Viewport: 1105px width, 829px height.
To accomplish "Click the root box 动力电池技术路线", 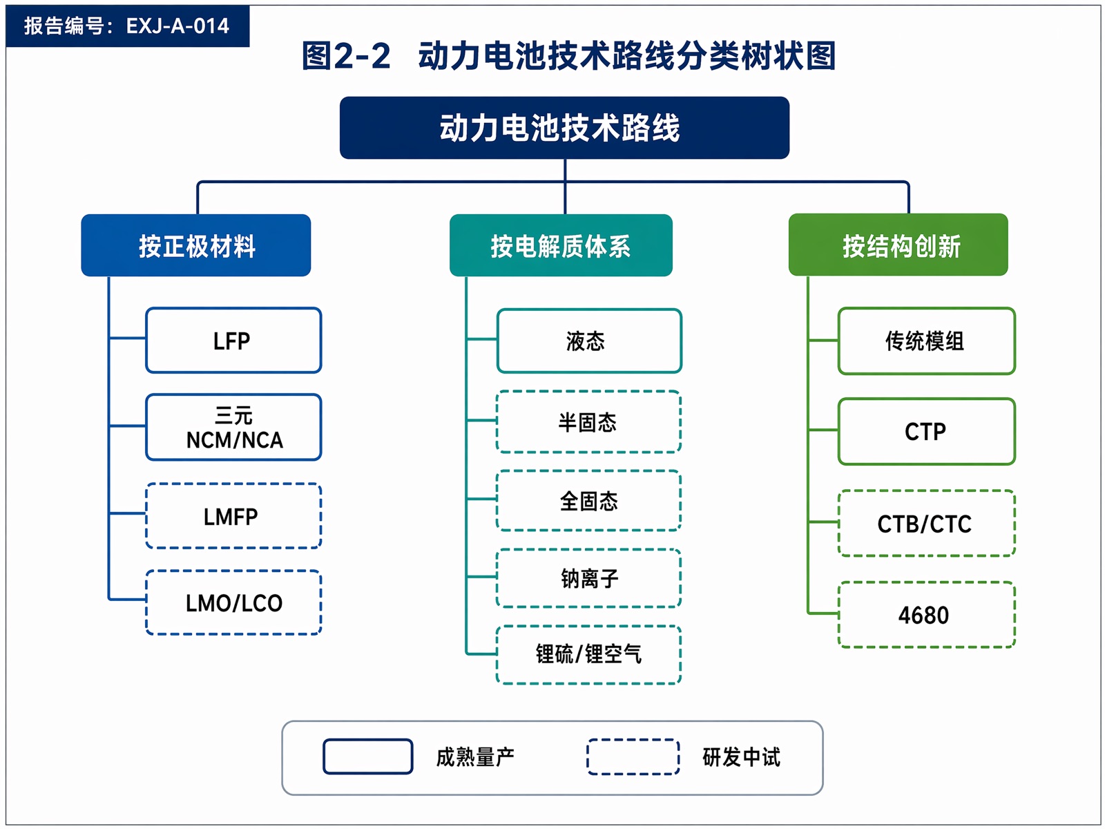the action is [564, 128].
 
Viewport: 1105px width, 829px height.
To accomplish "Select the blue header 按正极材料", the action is [196, 245].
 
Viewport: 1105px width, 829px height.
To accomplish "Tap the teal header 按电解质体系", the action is [561, 245].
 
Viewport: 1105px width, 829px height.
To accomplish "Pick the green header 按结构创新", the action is [898, 245].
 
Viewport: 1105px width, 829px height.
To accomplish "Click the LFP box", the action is [233, 341].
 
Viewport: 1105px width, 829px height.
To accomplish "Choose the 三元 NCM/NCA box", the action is [233, 427].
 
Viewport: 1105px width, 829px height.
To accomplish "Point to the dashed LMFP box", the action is [233, 516].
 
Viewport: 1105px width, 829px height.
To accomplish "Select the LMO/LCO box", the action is [233, 602].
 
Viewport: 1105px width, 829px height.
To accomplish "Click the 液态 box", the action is [589, 341].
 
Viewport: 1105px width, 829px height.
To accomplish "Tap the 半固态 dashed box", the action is [588, 422].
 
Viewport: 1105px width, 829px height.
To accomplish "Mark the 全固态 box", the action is [588, 500].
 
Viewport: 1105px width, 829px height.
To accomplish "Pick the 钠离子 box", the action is [588, 578].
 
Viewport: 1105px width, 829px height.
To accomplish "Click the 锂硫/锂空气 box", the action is [588, 654].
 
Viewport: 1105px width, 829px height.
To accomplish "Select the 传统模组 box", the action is [926, 341].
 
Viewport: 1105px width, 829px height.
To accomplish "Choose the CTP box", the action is [926, 431].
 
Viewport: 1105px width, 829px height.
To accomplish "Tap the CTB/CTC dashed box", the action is [926, 523].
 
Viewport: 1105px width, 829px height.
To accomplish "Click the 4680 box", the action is [926, 615].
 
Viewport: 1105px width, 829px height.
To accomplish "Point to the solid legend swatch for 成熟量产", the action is [368, 756].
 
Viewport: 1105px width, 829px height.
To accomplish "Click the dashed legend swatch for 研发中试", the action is [633, 756].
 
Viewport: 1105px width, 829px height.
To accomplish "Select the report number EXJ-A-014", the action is [177, 26].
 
